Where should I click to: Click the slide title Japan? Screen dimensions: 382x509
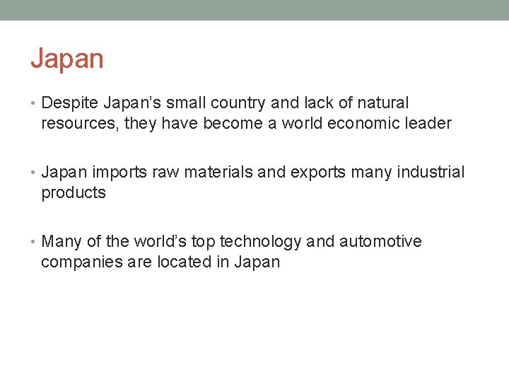pyautogui.click(x=66, y=59)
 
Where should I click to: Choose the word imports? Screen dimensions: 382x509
pyautogui.click(x=117, y=172)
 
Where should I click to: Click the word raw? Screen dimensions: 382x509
pyautogui.click(x=164, y=172)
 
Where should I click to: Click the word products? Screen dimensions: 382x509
pyautogui.click(x=74, y=193)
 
